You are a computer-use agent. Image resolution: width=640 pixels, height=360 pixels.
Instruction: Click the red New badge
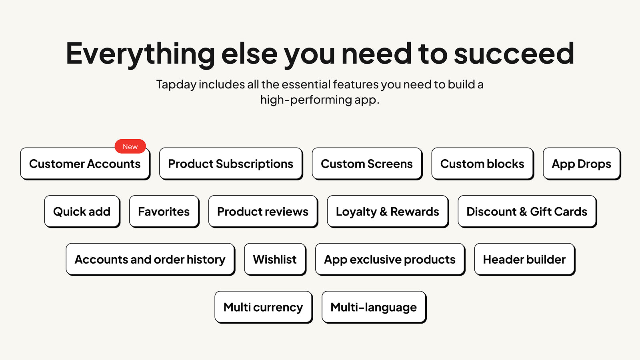[130, 146]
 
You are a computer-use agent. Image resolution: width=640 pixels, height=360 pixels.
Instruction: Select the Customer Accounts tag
[85, 164]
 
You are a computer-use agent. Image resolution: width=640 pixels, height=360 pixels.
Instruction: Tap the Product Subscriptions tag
[231, 164]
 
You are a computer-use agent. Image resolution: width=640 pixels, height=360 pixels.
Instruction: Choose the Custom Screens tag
[367, 164]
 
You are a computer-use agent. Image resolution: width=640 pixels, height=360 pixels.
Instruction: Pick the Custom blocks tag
[482, 164]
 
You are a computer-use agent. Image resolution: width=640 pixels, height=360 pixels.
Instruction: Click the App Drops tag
[582, 164]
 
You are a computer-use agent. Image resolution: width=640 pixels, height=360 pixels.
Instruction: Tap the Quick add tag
[82, 212]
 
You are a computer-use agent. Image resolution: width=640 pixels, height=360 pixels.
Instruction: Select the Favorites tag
[164, 212]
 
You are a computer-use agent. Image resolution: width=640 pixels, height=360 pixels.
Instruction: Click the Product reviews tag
[263, 212]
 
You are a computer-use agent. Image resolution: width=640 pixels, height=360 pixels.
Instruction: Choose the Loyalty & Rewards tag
[388, 212]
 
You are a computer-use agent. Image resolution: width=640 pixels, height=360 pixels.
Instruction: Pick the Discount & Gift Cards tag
[527, 212]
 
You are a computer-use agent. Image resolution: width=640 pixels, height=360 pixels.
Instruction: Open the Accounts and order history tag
[150, 260]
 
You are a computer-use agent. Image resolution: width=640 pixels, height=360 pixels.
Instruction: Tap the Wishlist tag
[275, 260]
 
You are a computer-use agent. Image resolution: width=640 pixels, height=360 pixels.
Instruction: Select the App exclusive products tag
[390, 260]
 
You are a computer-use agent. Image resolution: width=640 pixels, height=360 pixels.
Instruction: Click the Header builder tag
[524, 260]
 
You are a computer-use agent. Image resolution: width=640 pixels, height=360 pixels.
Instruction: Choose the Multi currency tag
[264, 307]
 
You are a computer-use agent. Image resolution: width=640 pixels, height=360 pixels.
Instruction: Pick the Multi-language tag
[374, 307]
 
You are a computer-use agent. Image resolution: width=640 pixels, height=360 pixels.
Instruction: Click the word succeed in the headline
[514, 53]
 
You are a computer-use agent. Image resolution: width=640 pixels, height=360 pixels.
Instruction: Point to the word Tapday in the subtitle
[176, 85]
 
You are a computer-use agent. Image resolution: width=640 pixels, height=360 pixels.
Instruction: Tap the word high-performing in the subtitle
[306, 100]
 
